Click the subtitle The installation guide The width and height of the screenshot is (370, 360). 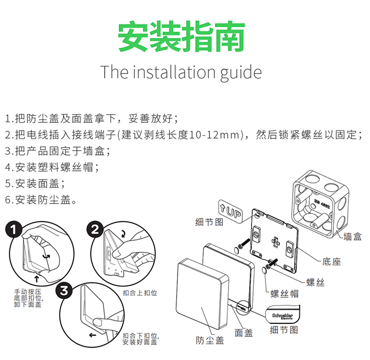point(181,72)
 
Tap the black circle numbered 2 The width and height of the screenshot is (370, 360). point(95,230)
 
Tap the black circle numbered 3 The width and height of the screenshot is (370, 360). point(64,291)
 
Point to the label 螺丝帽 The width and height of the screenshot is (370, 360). point(285,294)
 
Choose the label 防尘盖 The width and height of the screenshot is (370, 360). point(210,340)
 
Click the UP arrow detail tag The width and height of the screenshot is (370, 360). point(230,211)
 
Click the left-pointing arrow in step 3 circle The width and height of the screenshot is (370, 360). point(93,336)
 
